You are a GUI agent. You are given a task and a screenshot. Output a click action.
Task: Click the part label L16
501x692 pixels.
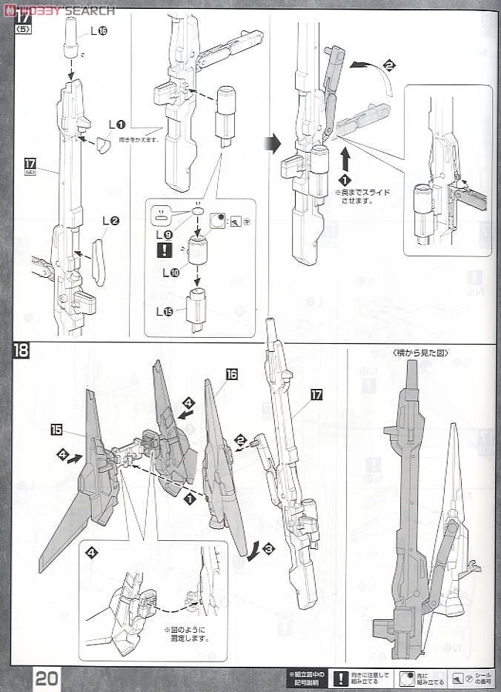(99, 31)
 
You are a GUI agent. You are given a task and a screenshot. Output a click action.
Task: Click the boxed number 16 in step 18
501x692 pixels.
(231, 375)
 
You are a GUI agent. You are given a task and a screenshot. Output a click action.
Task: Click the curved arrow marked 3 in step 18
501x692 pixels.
(254, 552)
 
